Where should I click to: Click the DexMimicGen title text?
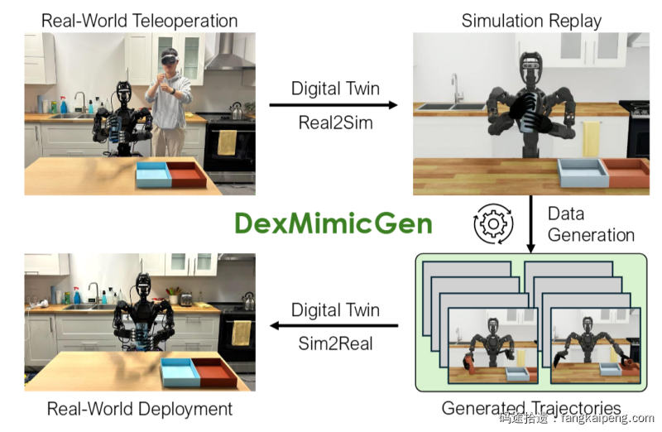(x=333, y=223)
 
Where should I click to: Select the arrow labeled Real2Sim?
(x=334, y=105)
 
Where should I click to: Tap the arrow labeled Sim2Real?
(x=334, y=325)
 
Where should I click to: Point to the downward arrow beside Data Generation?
(x=530, y=223)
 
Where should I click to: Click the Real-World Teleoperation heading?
(x=139, y=20)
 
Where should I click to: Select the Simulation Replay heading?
(x=531, y=20)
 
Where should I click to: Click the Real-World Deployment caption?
(x=139, y=409)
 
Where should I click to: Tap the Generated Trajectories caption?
(x=531, y=408)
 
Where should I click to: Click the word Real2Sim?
(x=334, y=123)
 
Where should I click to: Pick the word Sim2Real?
(x=334, y=343)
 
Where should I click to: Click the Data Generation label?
(x=591, y=223)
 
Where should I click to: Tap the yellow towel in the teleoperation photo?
(x=226, y=142)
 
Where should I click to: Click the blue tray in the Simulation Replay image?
(x=583, y=172)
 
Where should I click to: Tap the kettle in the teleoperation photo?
(x=237, y=111)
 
